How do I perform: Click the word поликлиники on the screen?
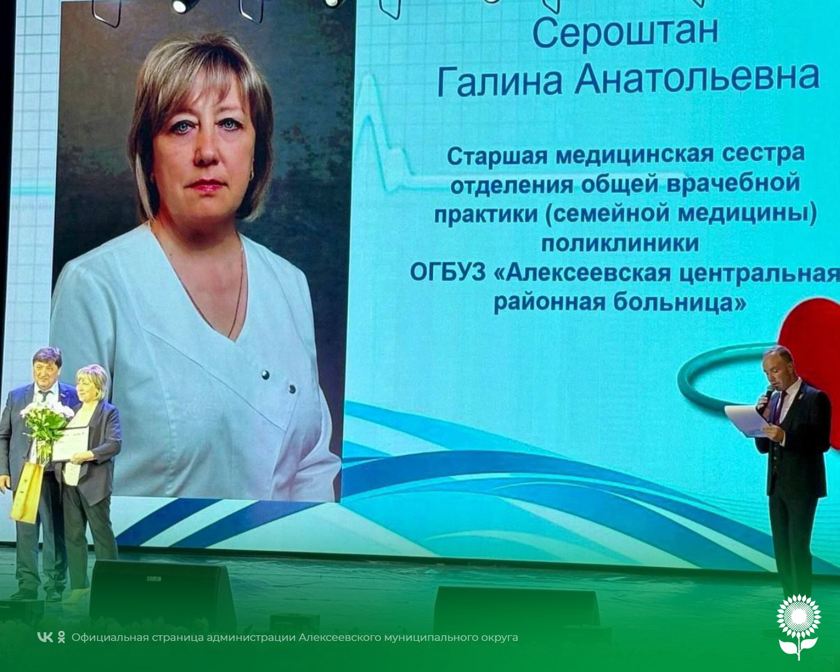coord(620,243)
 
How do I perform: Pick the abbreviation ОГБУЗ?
coord(447,273)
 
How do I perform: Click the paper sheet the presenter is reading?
coord(745,421)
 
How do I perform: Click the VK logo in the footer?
coord(45,637)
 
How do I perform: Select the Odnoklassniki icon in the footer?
coord(61,637)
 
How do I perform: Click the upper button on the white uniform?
coord(266,375)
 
